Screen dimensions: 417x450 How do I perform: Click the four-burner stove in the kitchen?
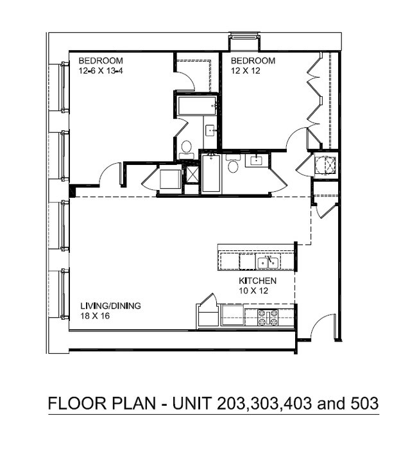pyautogui.click(x=268, y=317)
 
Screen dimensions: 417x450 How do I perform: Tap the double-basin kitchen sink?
pyautogui.click(x=268, y=263)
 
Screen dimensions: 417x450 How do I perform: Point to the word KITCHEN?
pyautogui.click(x=257, y=281)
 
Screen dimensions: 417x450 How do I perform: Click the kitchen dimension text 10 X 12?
pyautogui.click(x=253, y=291)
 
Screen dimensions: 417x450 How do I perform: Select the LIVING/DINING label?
pyautogui.click(x=111, y=306)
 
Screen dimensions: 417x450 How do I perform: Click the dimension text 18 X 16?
pyautogui.click(x=95, y=316)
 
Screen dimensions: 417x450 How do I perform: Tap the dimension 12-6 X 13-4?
pyautogui.click(x=101, y=71)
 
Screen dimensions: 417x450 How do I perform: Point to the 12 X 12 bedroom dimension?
pyautogui.click(x=246, y=71)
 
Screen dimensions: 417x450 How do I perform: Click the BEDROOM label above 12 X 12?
pyautogui.click(x=253, y=61)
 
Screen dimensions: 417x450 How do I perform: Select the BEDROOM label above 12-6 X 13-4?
pyautogui.click(x=101, y=61)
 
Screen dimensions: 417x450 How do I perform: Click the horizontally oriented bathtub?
pyautogui.click(x=197, y=106)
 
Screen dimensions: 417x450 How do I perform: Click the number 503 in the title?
pyautogui.click(x=364, y=404)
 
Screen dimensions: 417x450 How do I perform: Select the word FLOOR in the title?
pyautogui.click(x=77, y=404)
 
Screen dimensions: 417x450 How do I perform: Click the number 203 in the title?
pyautogui.click(x=231, y=404)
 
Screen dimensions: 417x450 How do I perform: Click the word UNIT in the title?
pyautogui.click(x=192, y=404)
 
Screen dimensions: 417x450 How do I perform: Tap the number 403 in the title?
pyautogui.click(x=298, y=404)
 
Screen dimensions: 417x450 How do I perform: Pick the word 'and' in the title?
pyautogui.click(x=331, y=404)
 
